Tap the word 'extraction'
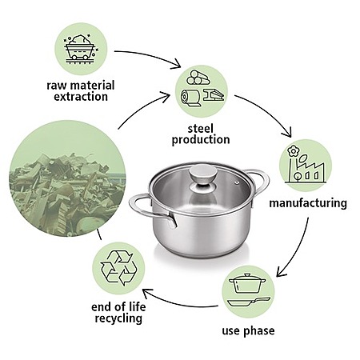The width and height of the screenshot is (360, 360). (81, 97)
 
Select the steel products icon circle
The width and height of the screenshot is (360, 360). (202, 91)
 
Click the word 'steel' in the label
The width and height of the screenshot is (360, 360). (201, 129)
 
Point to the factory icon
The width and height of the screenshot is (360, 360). (306, 164)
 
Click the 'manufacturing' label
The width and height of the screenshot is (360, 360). (308, 203)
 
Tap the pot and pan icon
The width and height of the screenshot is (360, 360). (249, 290)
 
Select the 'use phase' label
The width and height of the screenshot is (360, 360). (248, 331)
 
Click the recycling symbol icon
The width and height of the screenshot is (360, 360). (118, 268)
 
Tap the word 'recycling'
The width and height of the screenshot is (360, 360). (118, 318)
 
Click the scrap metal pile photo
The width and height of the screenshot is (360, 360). (67, 178)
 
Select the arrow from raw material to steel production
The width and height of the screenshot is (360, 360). (150, 55)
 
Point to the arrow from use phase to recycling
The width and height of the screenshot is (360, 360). (178, 303)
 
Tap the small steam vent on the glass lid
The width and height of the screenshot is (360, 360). (237, 182)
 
